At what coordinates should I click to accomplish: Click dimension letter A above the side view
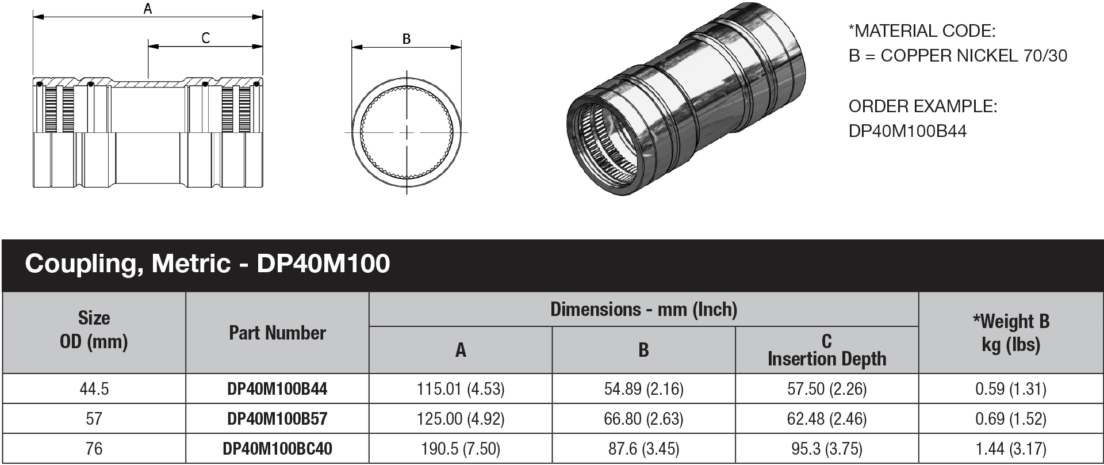pos(148,9)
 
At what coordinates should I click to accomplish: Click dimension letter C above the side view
pos(205,38)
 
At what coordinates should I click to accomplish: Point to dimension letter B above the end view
pos(407,39)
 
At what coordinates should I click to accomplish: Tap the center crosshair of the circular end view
pos(407,133)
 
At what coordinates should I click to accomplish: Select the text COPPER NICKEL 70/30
pos(973,56)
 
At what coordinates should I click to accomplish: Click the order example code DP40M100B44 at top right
pos(907,131)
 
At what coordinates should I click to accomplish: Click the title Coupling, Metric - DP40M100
pos(207,264)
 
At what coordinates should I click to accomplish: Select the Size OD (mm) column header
pos(94,330)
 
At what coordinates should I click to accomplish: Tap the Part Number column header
pos(277,333)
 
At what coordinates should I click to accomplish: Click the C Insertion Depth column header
pos(826,350)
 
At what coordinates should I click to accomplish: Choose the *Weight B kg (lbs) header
pos(1011,333)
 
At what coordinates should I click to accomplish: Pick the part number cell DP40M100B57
pos(277,418)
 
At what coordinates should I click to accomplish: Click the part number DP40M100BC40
pos(277,448)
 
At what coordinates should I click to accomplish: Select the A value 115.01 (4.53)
pos(461,389)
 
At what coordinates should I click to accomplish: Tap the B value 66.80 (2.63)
pos(643,418)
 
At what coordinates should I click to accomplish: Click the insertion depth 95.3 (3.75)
pos(826,448)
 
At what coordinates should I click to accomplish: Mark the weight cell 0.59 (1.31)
pos(1011,389)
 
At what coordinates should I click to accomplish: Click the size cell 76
pos(94,448)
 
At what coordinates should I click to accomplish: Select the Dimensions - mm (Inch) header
pos(643,310)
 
